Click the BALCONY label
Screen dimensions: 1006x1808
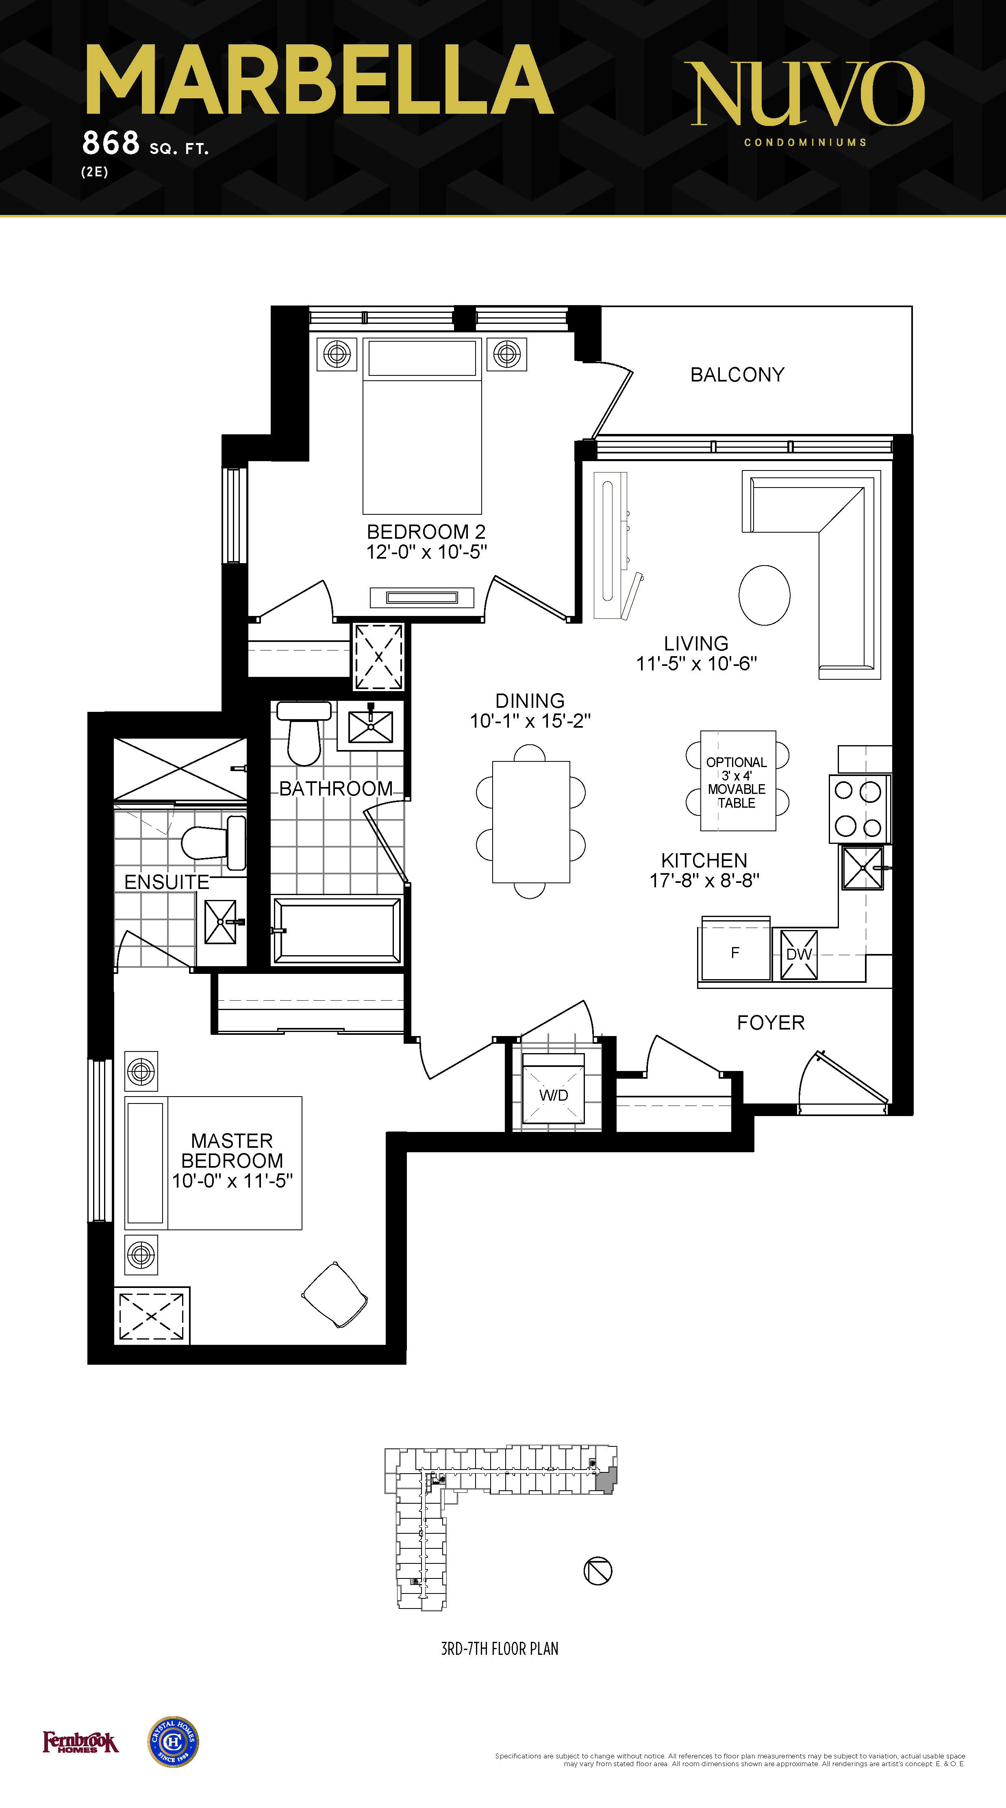coord(737,375)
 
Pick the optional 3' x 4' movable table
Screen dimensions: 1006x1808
coord(737,781)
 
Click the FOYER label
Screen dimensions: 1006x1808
coord(771,1023)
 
